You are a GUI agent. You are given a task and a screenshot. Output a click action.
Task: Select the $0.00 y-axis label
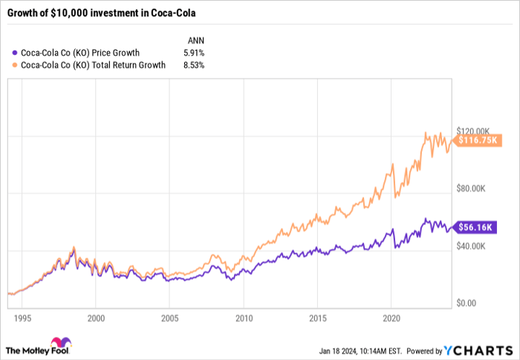pyautogui.click(x=471, y=303)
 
